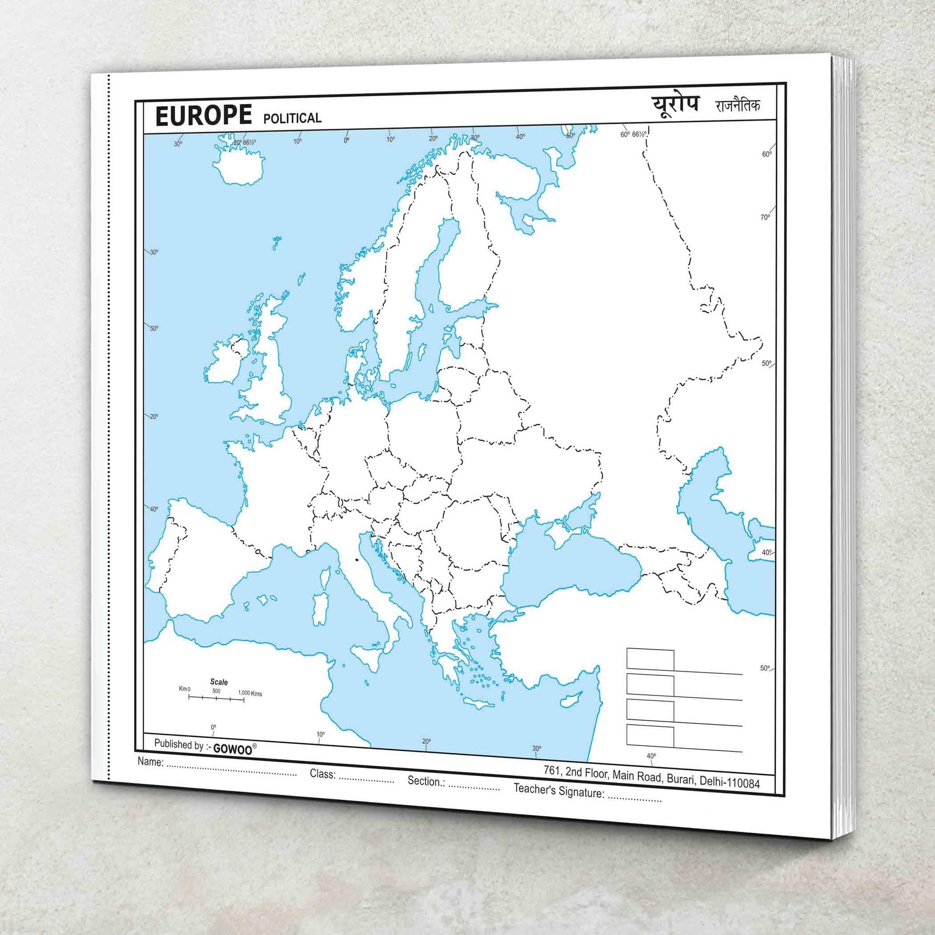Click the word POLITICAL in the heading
point(293,118)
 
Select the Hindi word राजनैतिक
point(738,106)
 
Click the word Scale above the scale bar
point(219,682)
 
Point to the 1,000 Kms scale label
point(250,694)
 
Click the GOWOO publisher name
point(233,749)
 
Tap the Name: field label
point(150,761)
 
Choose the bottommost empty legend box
point(650,736)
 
